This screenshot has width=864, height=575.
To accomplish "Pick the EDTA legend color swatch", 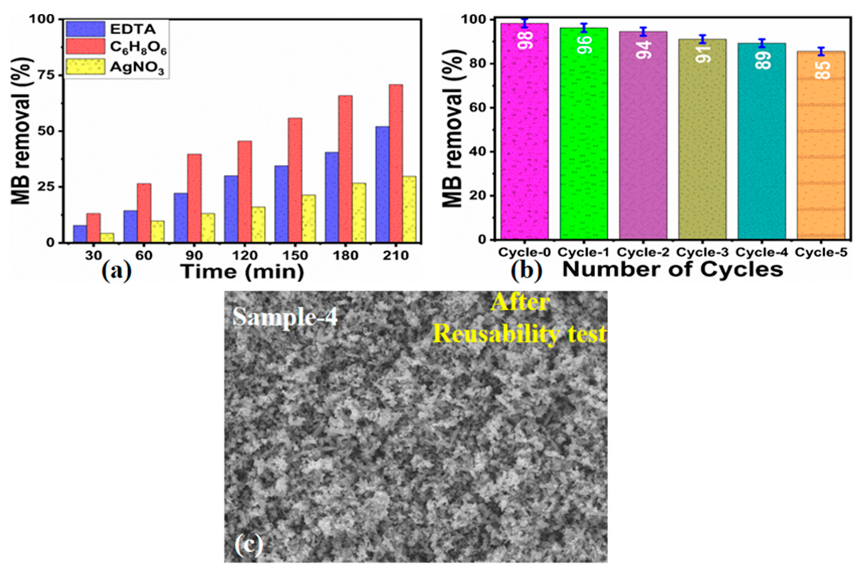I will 85,29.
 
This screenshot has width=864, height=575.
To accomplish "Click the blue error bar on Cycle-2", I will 643,32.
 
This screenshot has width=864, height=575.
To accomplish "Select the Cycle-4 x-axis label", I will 761,253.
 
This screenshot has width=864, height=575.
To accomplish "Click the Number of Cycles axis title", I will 672,270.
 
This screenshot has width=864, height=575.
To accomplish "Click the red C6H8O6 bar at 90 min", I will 194,198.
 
